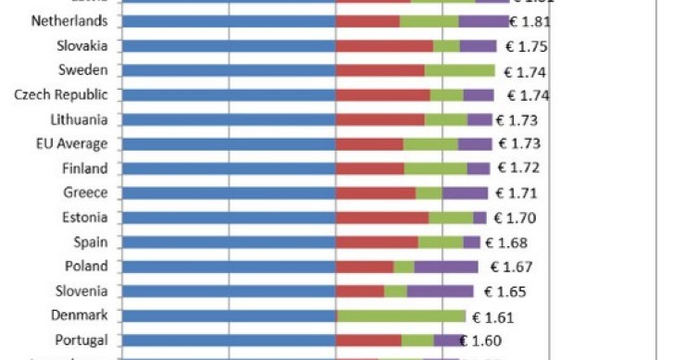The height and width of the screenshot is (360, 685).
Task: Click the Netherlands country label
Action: [69, 20]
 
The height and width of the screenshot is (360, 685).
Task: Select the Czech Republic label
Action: [61, 94]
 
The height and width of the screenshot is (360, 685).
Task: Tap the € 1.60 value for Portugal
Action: [484, 340]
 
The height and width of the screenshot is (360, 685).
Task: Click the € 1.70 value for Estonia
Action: [516, 217]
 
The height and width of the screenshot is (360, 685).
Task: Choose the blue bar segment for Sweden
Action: [228, 70]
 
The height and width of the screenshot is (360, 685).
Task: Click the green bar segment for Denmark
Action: [401, 316]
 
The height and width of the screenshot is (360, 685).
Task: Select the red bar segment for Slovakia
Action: [384, 45]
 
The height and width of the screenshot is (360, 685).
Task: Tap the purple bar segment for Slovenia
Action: [440, 291]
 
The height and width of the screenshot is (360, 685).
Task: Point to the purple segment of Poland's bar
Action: [446, 267]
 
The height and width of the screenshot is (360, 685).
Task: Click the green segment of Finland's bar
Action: [436, 168]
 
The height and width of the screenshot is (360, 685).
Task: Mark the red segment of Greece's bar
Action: [376, 192]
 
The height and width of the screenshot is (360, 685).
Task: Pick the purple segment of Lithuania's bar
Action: [479, 119]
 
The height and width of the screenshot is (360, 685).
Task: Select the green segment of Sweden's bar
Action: [460, 70]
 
